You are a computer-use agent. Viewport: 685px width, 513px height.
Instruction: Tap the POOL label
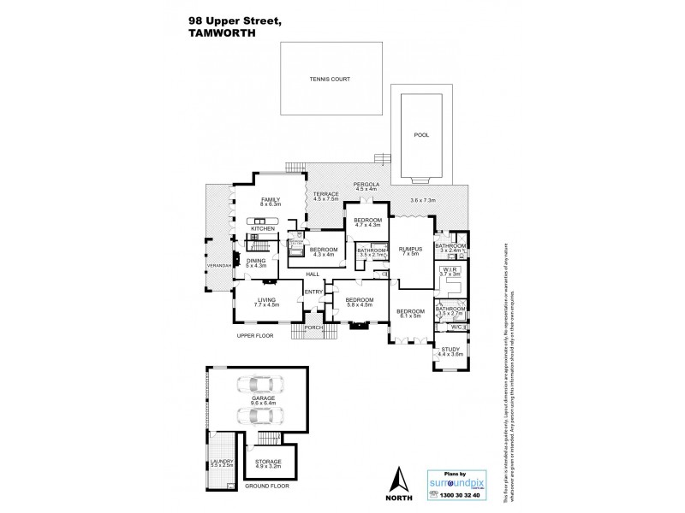(421, 135)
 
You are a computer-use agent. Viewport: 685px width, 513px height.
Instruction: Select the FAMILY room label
(271, 200)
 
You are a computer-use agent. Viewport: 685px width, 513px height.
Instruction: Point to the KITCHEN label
(261, 229)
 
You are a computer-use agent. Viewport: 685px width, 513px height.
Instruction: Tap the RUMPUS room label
(408, 249)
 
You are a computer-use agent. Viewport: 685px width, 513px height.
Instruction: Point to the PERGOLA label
(366, 184)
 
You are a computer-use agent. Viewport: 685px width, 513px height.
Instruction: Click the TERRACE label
(325, 194)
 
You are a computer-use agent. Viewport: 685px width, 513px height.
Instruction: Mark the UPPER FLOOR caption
(255, 336)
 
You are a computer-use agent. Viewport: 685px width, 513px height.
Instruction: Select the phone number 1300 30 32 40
(461, 496)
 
